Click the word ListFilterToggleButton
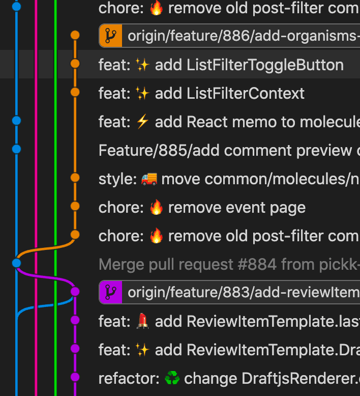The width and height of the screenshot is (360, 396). (265, 65)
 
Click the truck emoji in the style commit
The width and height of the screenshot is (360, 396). (148, 179)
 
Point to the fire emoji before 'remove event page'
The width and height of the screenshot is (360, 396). (156, 208)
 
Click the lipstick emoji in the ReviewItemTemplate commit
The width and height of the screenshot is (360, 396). (143, 322)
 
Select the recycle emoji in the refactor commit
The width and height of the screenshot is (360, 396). (172, 379)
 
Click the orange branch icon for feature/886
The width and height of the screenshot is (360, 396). (110, 36)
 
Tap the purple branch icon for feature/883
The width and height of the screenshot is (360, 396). (110, 292)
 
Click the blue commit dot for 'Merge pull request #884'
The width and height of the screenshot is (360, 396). (16, 263)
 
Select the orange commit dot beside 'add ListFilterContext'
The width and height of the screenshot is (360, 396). (75, 92)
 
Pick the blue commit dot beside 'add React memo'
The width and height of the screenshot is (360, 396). (16, 121)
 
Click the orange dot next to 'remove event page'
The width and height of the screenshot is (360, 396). (75, 206)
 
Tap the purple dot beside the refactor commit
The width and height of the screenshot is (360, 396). (75, 377)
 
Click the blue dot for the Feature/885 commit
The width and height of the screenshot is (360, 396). (16, 149)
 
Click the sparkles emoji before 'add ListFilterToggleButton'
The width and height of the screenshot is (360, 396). (143, 65)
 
